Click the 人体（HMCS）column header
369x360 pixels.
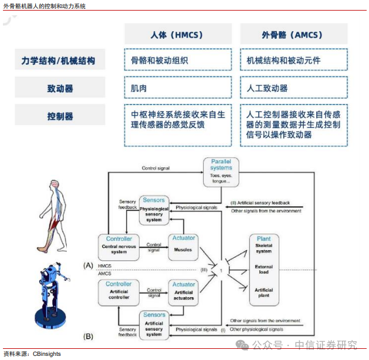(177, 35)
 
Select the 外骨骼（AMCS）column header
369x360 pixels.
(293, 35)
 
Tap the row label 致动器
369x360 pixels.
(60, 88)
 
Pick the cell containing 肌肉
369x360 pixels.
(177, 88)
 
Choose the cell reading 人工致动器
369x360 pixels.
(293, 88)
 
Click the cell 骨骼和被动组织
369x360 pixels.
(177, 60)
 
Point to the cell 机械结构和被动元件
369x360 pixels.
(293, 60)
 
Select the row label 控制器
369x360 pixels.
(60, 116)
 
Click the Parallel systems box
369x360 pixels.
(221, 172)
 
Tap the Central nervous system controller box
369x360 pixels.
(119, 246)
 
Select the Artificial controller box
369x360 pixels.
(119, 291)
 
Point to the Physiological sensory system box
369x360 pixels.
(154, 210)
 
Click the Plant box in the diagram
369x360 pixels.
(263, 268)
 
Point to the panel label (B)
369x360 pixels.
(88, 336)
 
